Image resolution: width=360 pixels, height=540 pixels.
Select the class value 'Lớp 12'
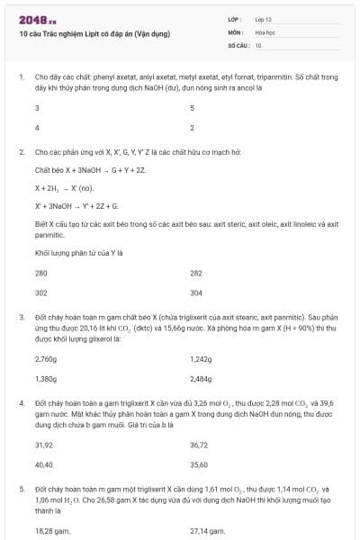[x=265, y=19]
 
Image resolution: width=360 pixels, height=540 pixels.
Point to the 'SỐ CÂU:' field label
[x=238, y=45]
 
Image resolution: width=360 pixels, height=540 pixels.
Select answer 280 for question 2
[x=41, y=273]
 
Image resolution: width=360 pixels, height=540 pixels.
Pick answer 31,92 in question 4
[x=43, y=445]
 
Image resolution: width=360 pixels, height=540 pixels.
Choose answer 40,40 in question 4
[x=43, y=465]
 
